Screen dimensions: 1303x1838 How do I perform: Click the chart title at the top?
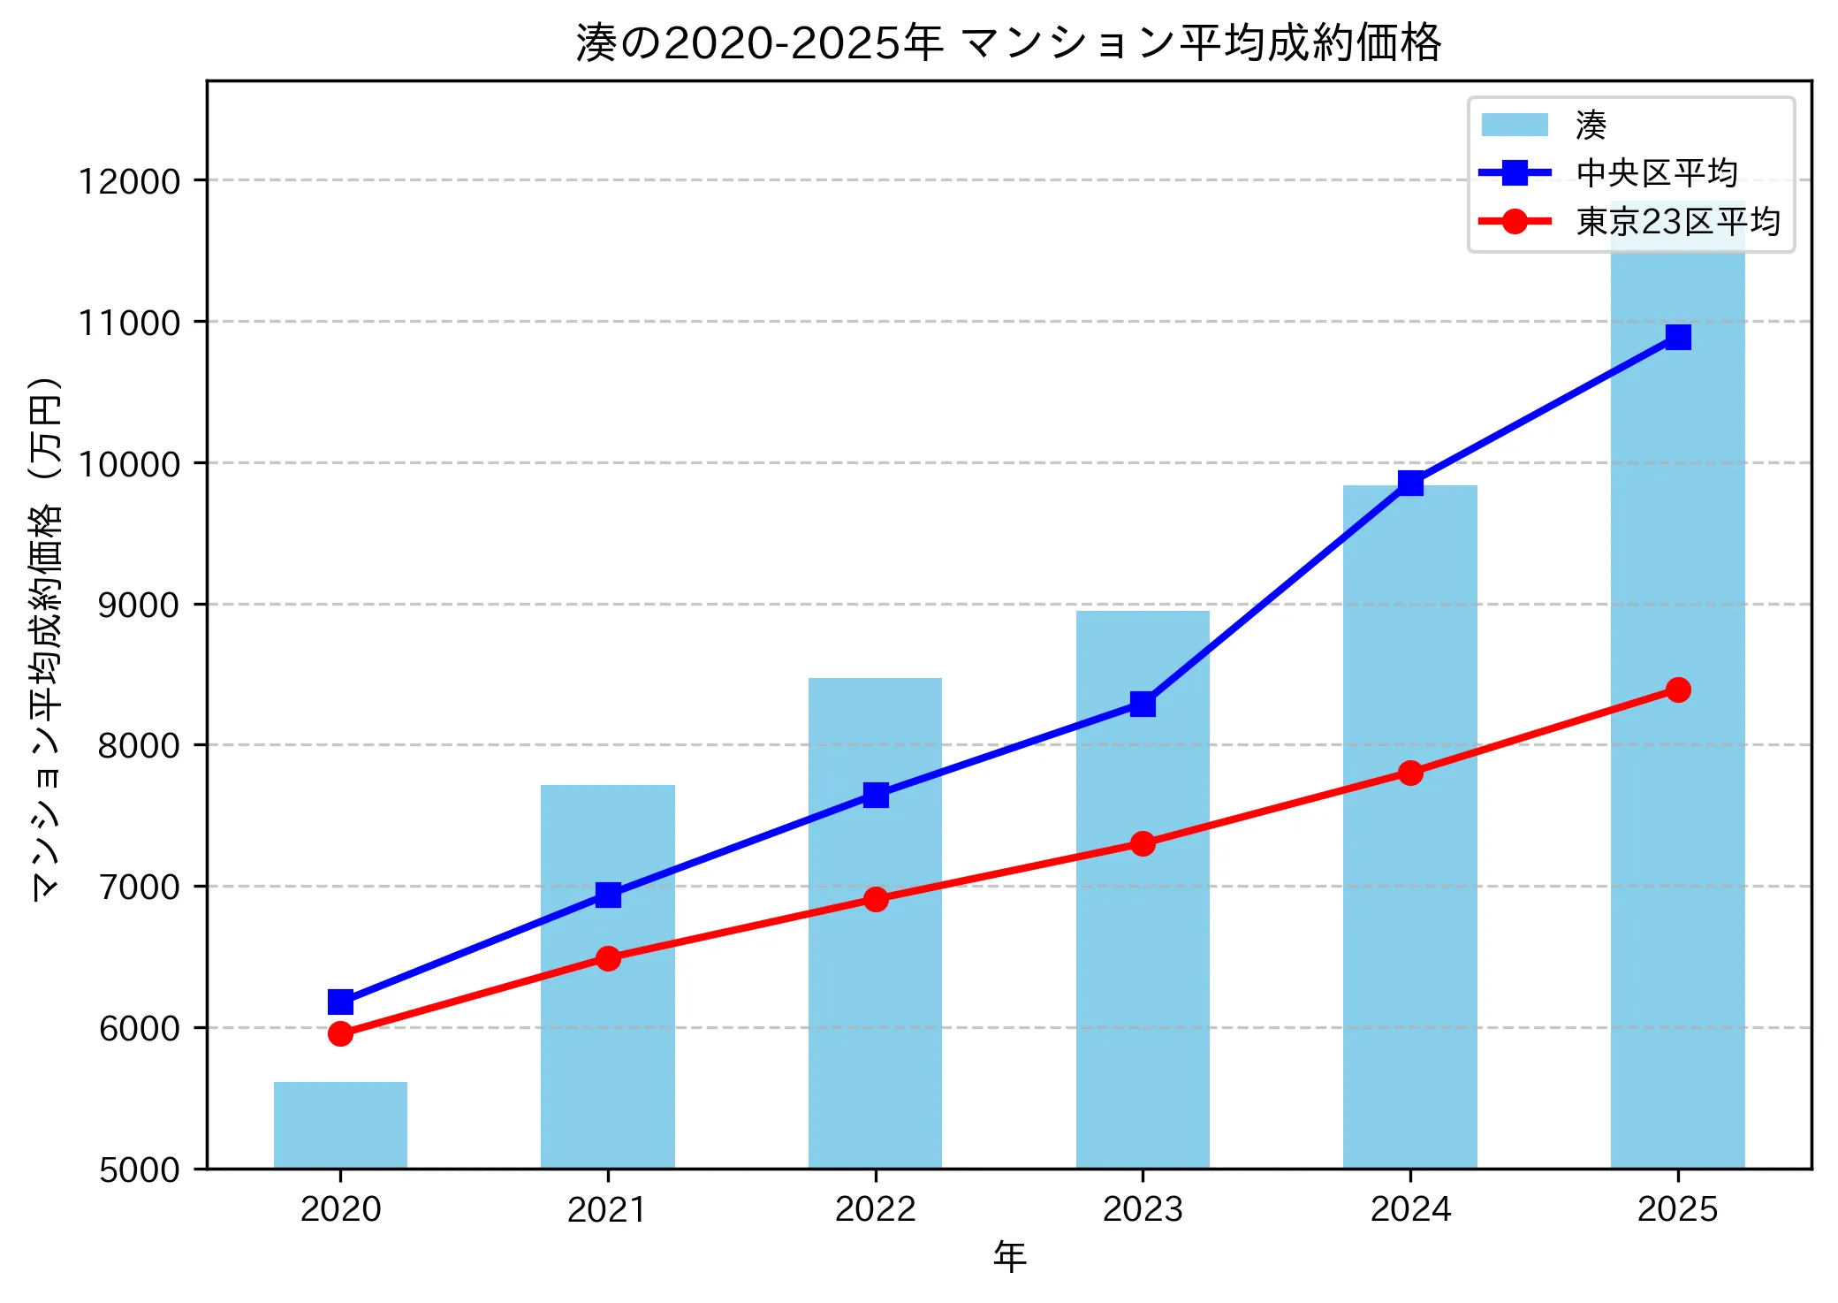[x=1008, y=42]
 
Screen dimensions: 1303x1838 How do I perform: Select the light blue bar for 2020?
[x=340, y=1124]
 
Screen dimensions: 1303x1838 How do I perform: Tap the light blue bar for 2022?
[x=875, y=972]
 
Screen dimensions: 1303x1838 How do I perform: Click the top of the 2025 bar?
[x=1677, y=205]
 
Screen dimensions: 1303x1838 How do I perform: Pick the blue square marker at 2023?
[x=1143, y=704]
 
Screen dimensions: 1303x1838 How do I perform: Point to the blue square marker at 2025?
[x=1677, y=337]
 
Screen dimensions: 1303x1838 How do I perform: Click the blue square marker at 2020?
[x=340, y=1002]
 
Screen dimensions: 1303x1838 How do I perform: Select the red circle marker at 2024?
[x=1410, y=773]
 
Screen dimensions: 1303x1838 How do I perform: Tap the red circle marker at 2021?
[x=608, y=958]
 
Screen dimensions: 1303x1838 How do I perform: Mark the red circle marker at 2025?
[x=1677, y=690]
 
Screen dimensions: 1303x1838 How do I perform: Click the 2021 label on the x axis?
[x=608, y=1209]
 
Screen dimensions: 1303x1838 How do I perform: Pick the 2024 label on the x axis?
[x=1410, y=1209]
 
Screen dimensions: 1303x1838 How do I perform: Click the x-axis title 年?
[x=1008, y=1256]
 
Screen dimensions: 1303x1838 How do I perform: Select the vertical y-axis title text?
[x=46, y=638]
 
